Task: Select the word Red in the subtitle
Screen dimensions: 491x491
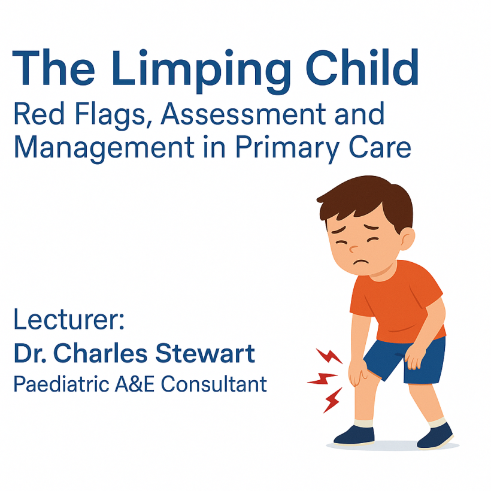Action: pyautogui.click(x=39, y=114)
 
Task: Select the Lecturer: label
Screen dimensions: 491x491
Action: pyautogui.click(x=69, y=320)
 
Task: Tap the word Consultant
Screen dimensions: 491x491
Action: pyautogui.click(x=213, y=384)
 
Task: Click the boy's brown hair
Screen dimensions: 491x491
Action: pyautogui.click(x=365, y=195)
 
